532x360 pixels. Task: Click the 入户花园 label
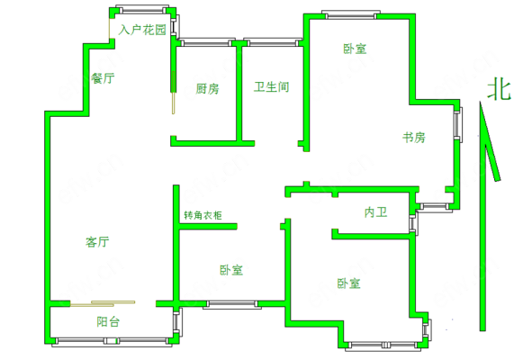point(142,30)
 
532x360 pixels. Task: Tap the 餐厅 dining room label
point(103,78)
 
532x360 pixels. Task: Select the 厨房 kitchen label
point(207,89)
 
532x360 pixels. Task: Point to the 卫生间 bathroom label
point(272,87)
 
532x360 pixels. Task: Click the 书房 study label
point(414,138)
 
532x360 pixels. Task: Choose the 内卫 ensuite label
point(376,212)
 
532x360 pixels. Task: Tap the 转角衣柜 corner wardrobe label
point(203,215)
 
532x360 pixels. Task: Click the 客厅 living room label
point(97,242)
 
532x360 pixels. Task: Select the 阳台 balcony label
point(108,321)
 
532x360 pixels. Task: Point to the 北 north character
point(499,90)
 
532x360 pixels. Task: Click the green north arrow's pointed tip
point(480,102)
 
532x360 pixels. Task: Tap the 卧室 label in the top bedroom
point(355,49)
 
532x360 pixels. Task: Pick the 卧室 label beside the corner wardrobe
point(231,270)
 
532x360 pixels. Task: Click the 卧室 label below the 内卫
point(348,283)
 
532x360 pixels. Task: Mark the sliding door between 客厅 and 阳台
point(103,303)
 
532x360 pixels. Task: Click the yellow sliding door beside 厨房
point(174,93)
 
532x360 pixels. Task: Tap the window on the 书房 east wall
point(458,124)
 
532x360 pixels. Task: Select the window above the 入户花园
point(142,9)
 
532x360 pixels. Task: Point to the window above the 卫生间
point(273,42)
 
